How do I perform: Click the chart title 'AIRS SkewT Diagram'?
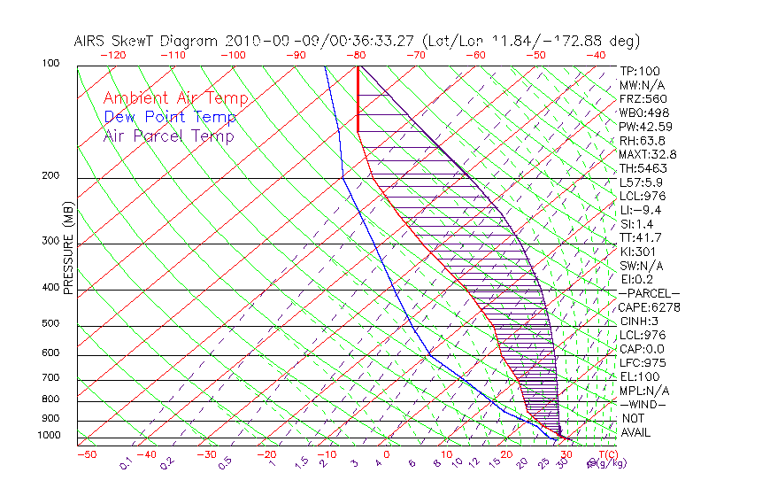pos(147,41)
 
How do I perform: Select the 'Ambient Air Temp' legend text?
pos(175,98)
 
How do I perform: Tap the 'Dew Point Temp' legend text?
pos(170,117)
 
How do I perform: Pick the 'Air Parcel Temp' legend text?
pos(168,136)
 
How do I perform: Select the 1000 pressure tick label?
pos(50,435)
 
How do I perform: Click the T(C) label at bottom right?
pos(610,453)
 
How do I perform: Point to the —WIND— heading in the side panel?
pos(644,404)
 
